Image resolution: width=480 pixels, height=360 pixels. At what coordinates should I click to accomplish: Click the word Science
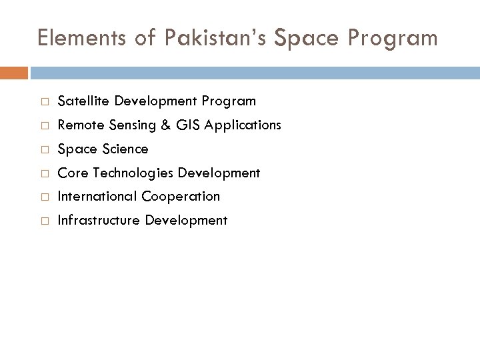125,149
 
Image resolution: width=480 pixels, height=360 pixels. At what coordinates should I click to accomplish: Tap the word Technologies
133,173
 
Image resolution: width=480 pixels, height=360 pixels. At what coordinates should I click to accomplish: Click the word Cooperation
182,197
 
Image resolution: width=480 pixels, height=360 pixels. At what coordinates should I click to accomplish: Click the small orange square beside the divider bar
13,73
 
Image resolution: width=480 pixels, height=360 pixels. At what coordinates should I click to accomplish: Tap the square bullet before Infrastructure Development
42,221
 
